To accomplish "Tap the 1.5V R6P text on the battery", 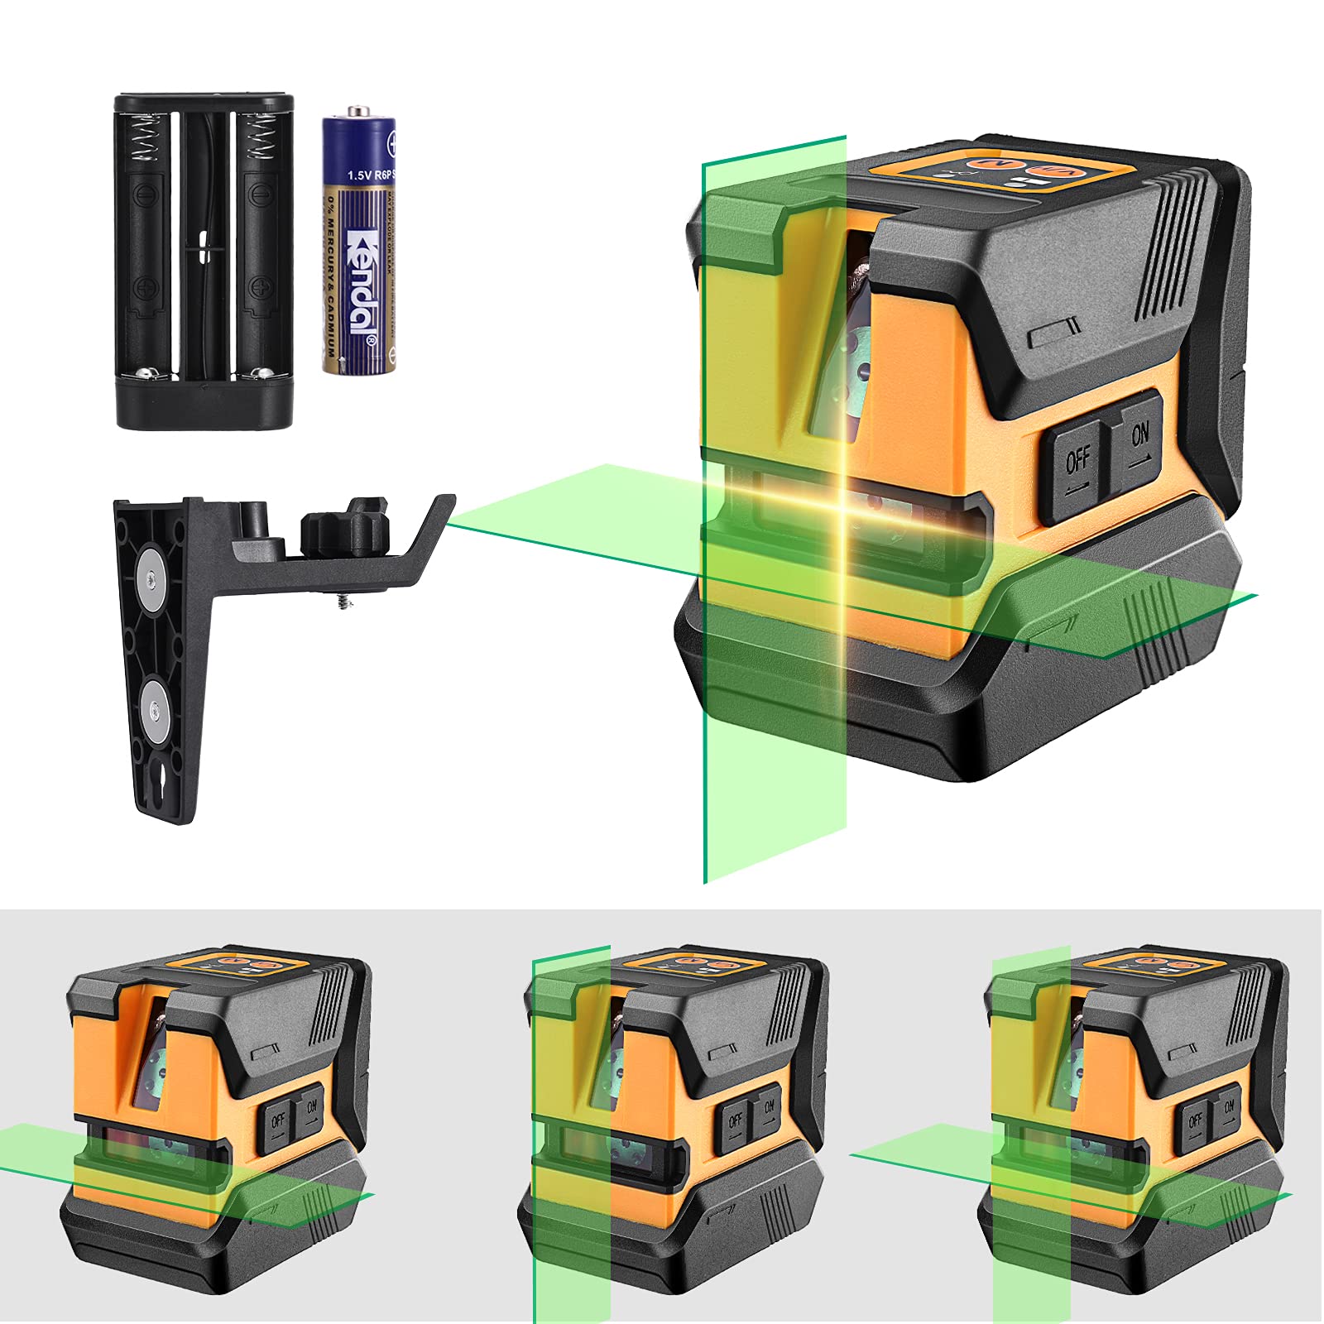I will pos(370,175).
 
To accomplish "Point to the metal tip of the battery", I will pos(357,110).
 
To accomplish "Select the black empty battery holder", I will pos(204,261).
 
